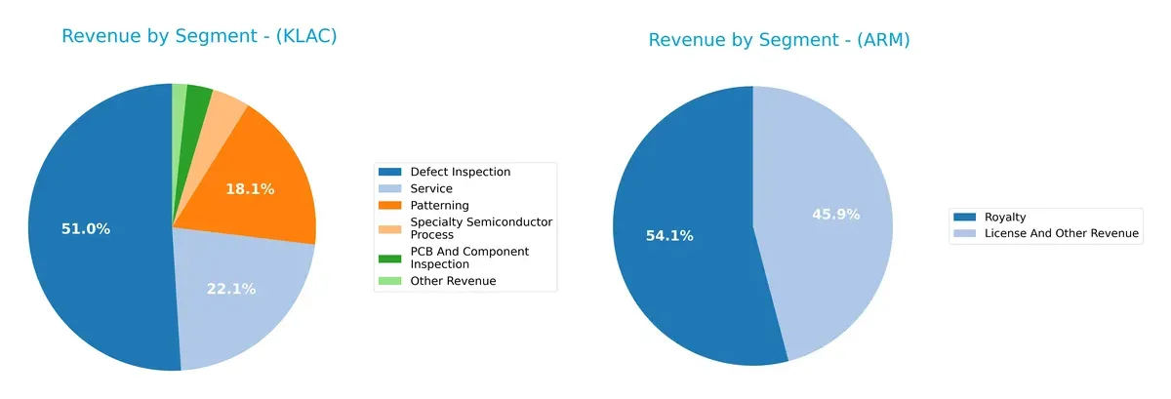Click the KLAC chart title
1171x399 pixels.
[199, 36]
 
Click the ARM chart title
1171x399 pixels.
[779, 40]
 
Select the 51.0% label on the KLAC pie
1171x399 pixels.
[85, 229]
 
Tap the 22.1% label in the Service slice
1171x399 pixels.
[230, 289]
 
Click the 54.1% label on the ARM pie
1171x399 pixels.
[669, 235]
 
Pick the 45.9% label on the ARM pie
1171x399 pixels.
[836, 214]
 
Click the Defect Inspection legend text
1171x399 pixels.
[461, 172]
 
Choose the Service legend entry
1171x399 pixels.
[431, 188]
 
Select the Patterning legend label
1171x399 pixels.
[440, 205]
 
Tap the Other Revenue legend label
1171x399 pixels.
[453, 281]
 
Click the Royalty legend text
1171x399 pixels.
[1005, 217]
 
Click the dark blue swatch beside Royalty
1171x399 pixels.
[965, 217]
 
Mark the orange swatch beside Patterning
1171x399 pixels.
[390, 205]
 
